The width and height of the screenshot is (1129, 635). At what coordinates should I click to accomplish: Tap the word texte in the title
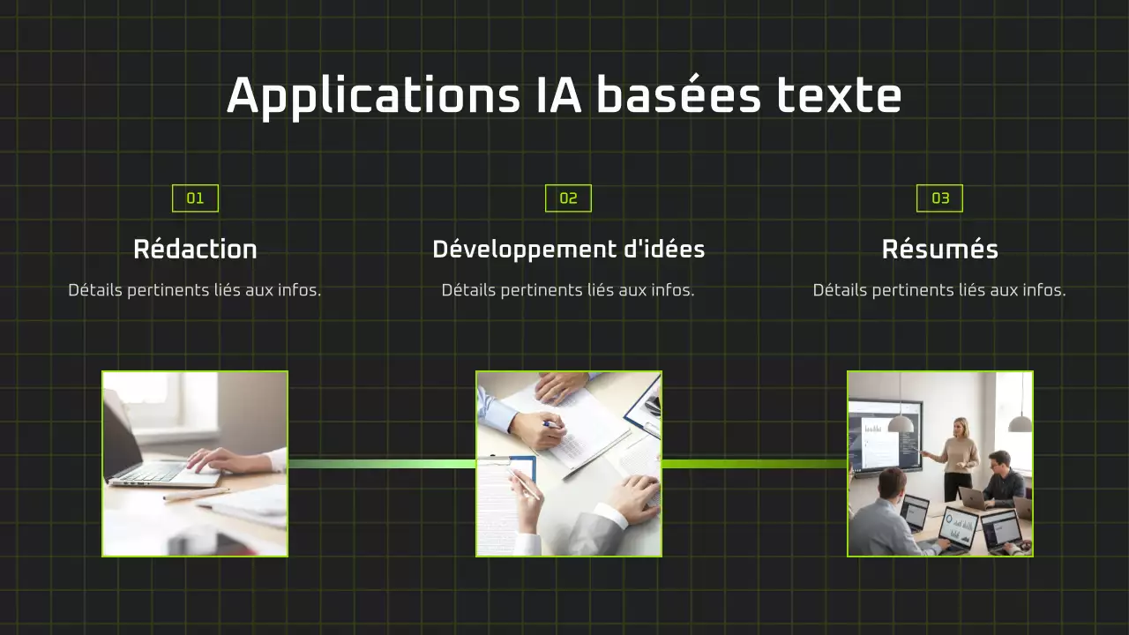coord(839,96)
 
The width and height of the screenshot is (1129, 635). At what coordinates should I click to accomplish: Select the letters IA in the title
coord(558,96)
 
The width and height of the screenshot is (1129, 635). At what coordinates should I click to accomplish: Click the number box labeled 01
coord(195,198)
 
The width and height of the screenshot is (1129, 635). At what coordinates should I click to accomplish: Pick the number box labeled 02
coord(568,198)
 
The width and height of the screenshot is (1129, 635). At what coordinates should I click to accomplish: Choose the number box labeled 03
coord(939,198)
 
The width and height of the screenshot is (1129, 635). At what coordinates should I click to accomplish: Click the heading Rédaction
coord(195,250)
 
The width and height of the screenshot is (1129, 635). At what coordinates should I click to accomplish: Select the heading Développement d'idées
coord(568,250)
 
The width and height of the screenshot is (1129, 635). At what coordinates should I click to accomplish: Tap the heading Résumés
coord(939,250)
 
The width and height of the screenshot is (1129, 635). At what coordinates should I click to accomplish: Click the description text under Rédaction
coord(195,290)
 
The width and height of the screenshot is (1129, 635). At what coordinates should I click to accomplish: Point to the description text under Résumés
coord(939,290)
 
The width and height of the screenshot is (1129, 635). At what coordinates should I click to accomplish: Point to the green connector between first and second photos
coord(382,464)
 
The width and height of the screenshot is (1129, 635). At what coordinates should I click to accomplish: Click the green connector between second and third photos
coord(754,464)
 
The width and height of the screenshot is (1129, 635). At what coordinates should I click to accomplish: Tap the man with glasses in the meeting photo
coord(1001,481)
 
